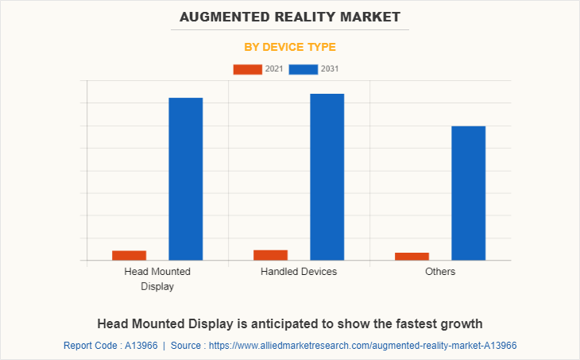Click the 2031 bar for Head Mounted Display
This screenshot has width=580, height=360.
click(x=185, y=179)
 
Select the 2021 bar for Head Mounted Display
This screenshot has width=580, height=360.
click(x=129, y=255)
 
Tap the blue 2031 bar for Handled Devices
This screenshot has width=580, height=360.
click(x=327, y=176)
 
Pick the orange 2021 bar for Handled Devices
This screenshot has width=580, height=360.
click(x=270, y=254)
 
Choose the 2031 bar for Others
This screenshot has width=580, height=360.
click(x=468, y=193)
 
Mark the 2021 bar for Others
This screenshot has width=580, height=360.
click(x=412, y=256)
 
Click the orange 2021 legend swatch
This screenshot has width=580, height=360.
click(x=247, y=70)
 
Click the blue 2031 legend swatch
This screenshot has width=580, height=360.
click(x=304, y=70)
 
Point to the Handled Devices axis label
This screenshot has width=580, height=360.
click(x=299, y=272)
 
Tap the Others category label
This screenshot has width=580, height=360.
click(x=440, y=272)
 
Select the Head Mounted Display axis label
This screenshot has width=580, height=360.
click(x=157, y=279)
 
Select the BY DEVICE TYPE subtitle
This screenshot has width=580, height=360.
click(x=290, y=47)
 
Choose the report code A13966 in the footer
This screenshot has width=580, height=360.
click(x=139, y=346)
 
